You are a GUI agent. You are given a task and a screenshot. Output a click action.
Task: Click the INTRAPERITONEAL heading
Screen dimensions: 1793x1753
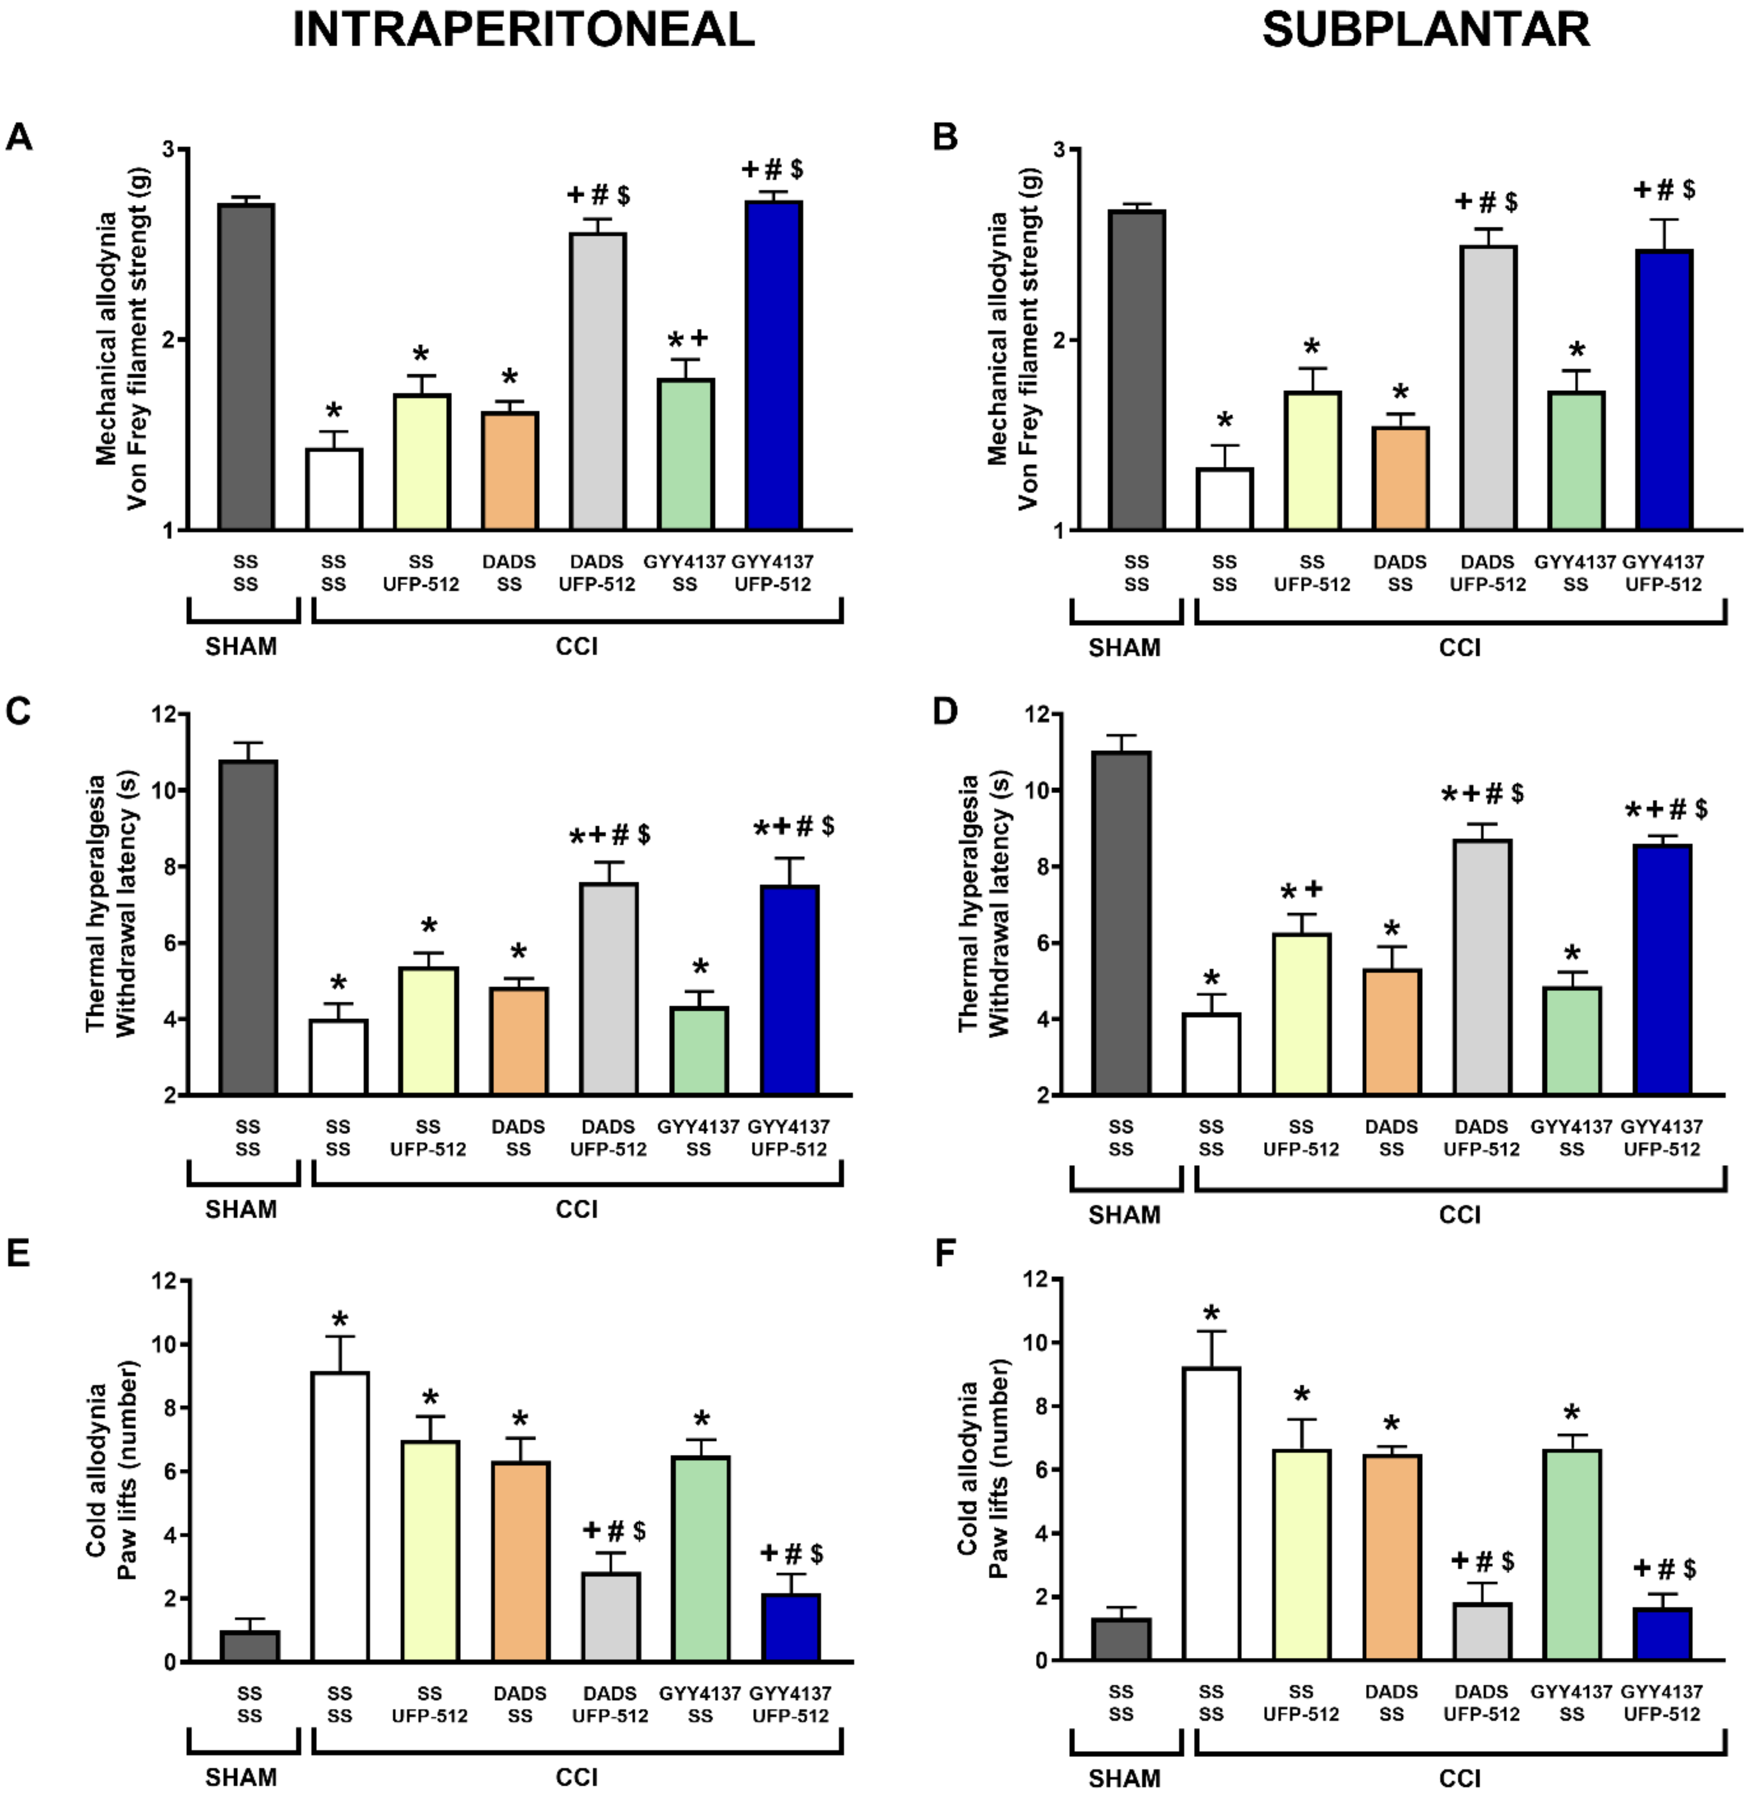point(523,30)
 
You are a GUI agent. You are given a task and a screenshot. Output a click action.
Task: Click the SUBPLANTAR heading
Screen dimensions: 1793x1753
point(1425,30)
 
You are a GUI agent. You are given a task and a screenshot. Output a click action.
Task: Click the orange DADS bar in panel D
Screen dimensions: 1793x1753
point(1392,1031)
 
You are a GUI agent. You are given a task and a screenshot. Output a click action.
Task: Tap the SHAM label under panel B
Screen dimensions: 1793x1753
point(1124,647)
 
